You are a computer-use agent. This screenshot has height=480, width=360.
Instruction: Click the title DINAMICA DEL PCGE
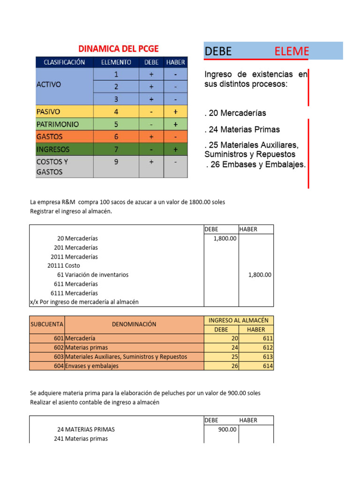(x=118, y=48)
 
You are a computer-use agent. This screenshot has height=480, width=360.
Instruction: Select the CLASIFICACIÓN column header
(x=64, y=62)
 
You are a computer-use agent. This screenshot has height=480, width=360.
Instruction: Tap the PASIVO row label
(x=48, y=112)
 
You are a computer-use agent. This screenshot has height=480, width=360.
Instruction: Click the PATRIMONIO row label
(x=57, y=124)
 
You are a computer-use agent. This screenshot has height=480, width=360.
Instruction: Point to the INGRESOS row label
(x=52, y=150)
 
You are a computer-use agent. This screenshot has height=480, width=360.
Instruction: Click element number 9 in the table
(x=116, y=162)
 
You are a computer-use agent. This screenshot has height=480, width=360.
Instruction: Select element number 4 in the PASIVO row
(x=116, y=112)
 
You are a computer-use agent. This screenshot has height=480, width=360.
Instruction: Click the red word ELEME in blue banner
(x=292, y=52)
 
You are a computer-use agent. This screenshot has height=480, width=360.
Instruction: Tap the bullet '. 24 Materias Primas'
(x=242, y=129)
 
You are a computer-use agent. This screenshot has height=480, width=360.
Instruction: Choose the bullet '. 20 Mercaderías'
(x=235, y=113)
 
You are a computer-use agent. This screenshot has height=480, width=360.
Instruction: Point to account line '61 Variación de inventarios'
(x=93, y=275)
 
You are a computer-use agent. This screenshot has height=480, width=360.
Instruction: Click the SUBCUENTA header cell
(x=47, y=324)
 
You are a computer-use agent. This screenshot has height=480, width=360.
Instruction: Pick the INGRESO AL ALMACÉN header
(x=238, y=320)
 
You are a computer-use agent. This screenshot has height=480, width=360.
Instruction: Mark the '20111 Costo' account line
(x=64, y=265)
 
